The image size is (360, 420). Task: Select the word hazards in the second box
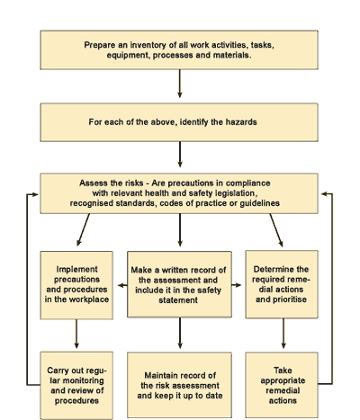pos(241,122)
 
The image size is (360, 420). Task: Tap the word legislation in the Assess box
pos(236,193)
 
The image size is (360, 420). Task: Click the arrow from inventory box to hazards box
pos(180,84)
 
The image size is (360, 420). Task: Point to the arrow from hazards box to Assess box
pos(180,154)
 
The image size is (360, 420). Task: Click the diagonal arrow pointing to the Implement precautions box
pos(83,229)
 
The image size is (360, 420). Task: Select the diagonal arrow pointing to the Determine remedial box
pos(276,230)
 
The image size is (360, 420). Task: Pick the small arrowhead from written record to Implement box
pos(122,285)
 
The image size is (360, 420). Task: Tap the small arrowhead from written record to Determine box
pos(237,285)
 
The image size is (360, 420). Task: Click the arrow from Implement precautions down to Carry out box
pos(76,334)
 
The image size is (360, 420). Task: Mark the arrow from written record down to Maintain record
pos(180,333)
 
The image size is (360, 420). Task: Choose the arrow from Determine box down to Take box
pos(283,334)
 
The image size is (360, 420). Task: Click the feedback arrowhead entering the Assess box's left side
pos(34,194)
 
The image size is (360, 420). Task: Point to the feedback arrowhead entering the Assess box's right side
pos(325,194)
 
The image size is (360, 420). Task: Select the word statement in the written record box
pos(178,300)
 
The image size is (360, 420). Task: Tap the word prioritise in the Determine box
pos(290,299)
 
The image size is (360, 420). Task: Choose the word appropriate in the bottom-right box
pos(283,380)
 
